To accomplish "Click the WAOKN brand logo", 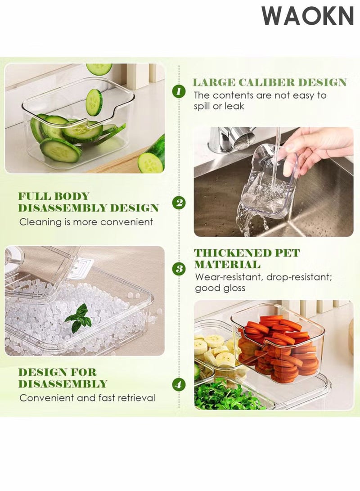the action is tap(307, 16).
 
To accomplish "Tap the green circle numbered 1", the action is tap(179, 91).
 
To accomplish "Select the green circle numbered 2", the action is tap(179, 203).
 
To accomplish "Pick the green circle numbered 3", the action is tap(179, 269).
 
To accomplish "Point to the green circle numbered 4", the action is tap(179, 384).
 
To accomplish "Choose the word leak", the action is tap(234, 106).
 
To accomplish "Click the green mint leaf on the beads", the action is tap(78, 318).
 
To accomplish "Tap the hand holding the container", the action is tap(316, 151).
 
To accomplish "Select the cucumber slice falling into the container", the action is tap(94, 102).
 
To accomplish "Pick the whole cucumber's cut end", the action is tap(151, 163).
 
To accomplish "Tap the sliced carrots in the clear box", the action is tap(279, 344).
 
